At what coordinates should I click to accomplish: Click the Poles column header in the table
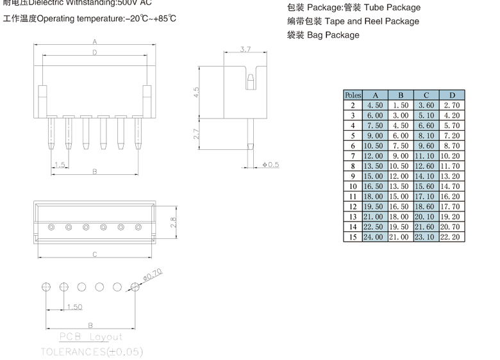tap(353, 95)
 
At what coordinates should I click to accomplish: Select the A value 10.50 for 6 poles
tap(374, 145)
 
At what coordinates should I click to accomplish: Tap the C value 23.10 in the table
tap(426, 237)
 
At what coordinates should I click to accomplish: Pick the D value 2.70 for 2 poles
tap(451, 105)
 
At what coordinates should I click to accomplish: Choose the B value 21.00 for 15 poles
tap(400, 237)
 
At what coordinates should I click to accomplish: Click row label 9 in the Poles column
tap(353, 176)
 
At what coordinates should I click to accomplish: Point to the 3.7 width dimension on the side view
tap(246, 49)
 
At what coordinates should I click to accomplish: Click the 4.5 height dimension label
tap(197, 93)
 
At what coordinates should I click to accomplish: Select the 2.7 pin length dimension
tap(197, 133)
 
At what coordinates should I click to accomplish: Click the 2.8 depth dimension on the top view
tap(172, 222)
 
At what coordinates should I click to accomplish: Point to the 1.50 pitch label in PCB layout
tap(75, 307)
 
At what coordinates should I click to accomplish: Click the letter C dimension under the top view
tap(94, 255)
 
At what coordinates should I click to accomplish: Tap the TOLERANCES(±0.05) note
tap(92, 352)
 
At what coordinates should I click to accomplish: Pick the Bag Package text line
tap(333, 35)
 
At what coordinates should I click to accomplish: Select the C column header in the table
tap(426, 95)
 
